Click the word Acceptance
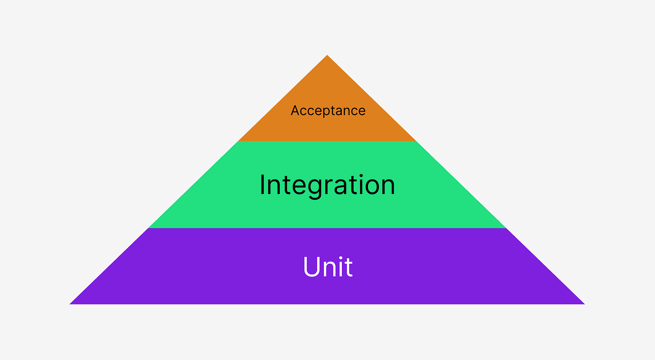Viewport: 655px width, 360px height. click(328, 110)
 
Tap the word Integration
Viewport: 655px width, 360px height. click(327, 184)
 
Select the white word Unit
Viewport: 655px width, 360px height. click(328, 266)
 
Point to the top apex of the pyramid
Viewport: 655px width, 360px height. click(327, 55)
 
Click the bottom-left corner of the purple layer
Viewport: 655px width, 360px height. click(71, 304)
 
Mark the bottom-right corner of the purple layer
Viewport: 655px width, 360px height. click(583, 304)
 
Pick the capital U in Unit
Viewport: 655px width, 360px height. click(311, 266)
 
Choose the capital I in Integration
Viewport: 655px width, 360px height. click(262, 184)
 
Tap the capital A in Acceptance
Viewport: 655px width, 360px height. click(295, 110)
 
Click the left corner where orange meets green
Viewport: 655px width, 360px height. click(238, 141)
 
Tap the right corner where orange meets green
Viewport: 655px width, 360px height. click(416, 141)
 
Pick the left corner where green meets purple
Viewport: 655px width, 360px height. click(148, 228)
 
